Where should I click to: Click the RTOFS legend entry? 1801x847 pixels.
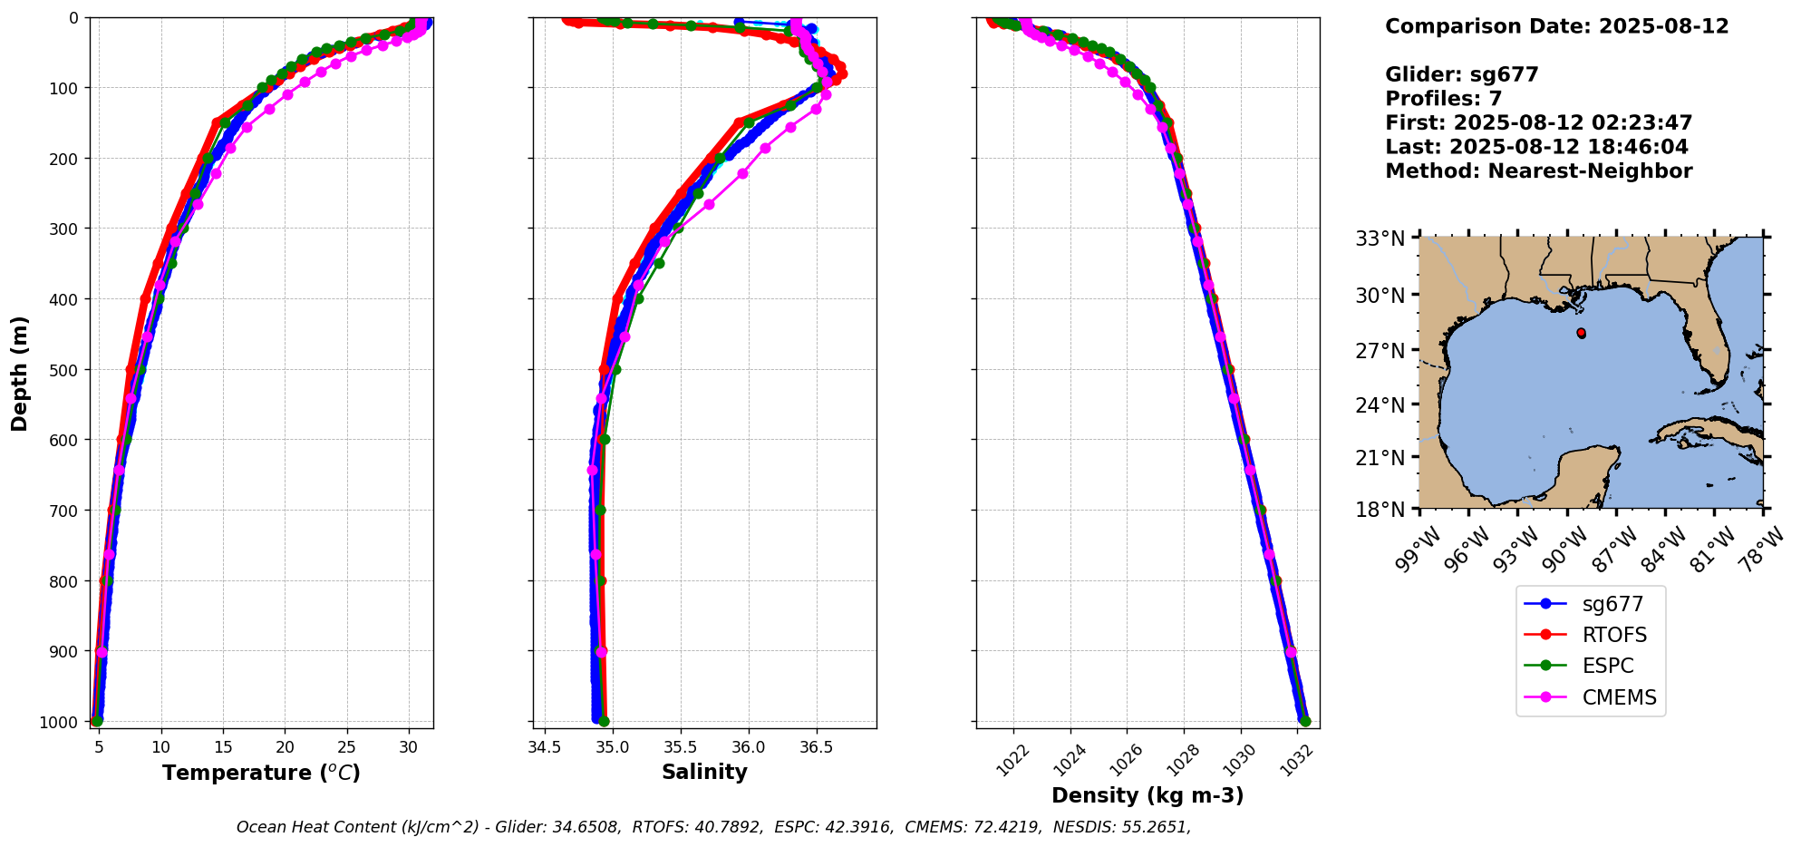coord(1614,635)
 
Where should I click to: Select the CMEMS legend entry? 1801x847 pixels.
coord(1619,697)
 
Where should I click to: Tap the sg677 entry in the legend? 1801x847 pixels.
coord(1612,604)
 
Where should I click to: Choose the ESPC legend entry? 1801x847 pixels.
coord(1608,666)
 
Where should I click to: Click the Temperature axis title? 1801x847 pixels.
coord(261,773)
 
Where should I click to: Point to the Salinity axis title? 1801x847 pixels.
coord(704,773)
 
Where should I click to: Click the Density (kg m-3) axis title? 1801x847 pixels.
coord(1147,796)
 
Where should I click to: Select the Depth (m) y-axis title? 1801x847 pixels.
coord(20,373)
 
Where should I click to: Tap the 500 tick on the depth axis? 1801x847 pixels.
coord(63,369)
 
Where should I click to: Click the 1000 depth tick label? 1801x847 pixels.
coord(60,722)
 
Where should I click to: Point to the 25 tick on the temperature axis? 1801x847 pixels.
coord(347,747)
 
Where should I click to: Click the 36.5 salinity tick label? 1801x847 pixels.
coord(816,747)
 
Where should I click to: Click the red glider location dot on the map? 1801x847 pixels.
coord(1581,333)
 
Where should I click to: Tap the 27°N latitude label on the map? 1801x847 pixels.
coord(1380,351)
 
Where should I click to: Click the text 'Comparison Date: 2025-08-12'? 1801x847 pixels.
coord(1556,26)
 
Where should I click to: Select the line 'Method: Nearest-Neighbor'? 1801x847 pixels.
coord(1538,171)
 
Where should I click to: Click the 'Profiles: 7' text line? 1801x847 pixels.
coord(1443,99)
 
